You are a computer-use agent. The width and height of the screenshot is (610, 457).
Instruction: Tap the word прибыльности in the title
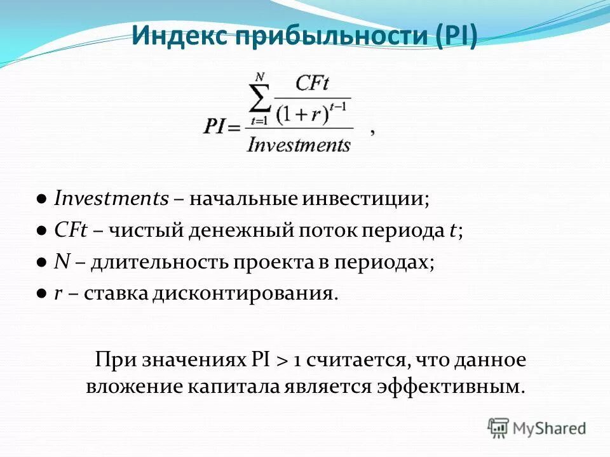331,37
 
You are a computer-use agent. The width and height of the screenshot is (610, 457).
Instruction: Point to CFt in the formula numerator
311,84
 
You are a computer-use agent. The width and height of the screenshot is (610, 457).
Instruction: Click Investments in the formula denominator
298,145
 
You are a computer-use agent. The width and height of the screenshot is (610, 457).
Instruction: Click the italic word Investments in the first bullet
111,199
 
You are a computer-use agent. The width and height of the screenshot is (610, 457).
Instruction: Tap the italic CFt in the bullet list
71,230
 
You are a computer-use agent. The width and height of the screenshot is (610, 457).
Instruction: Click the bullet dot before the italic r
41,295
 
